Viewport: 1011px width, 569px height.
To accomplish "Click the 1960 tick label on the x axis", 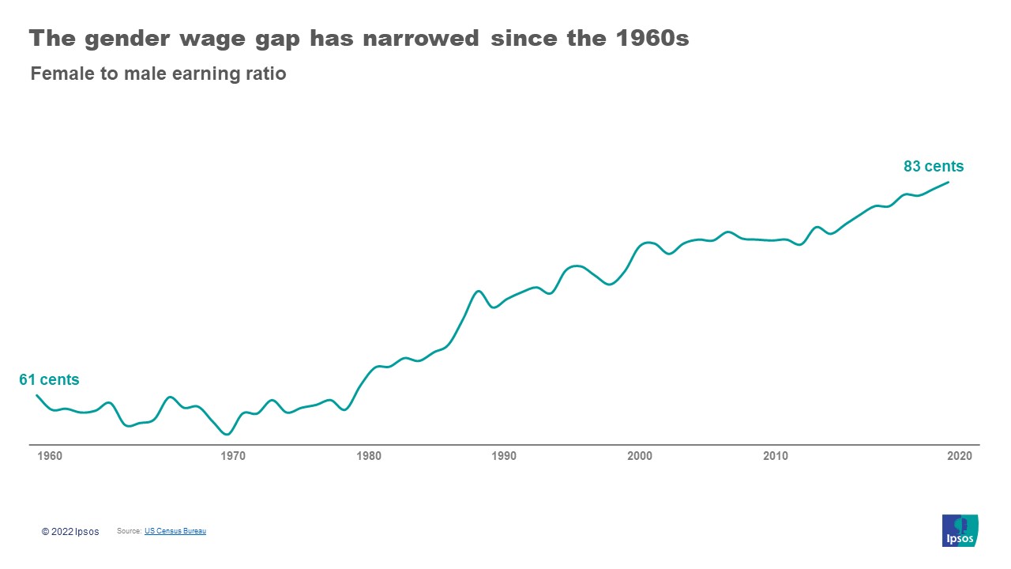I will click(x=50, y=456).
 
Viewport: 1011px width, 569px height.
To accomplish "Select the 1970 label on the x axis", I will click(x=233, y=456).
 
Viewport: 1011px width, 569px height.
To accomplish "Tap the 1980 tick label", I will click(x=369, y=456).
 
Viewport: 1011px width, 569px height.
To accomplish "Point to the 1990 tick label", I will click(x=504, y=456).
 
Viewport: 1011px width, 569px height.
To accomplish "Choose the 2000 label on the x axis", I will click(x=640, y=456).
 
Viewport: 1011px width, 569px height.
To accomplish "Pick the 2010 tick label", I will click(x=776, y=456).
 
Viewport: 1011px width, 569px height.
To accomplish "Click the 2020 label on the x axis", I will click(x=960, y=456).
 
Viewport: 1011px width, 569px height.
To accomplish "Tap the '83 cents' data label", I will click(x=934, y=167).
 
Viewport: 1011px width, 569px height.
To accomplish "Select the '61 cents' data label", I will click(x=49, y=380).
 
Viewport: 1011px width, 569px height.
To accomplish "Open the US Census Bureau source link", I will click(x=175, y=531).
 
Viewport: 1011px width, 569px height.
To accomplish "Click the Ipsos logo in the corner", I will click(x=960, y=530).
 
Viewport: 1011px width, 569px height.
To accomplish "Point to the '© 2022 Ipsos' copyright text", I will click(x=70, y=532).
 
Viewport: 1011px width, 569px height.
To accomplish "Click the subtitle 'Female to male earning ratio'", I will click(x=158, y=74).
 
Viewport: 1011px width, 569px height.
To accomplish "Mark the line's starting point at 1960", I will click(x=36, y=395).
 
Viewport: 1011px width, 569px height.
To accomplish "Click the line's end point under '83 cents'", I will click(x=948, y=183).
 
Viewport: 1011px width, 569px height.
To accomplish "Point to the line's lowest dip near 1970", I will click(x=227, y=434).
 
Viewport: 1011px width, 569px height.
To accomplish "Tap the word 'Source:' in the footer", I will click(x=129, y=531).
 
